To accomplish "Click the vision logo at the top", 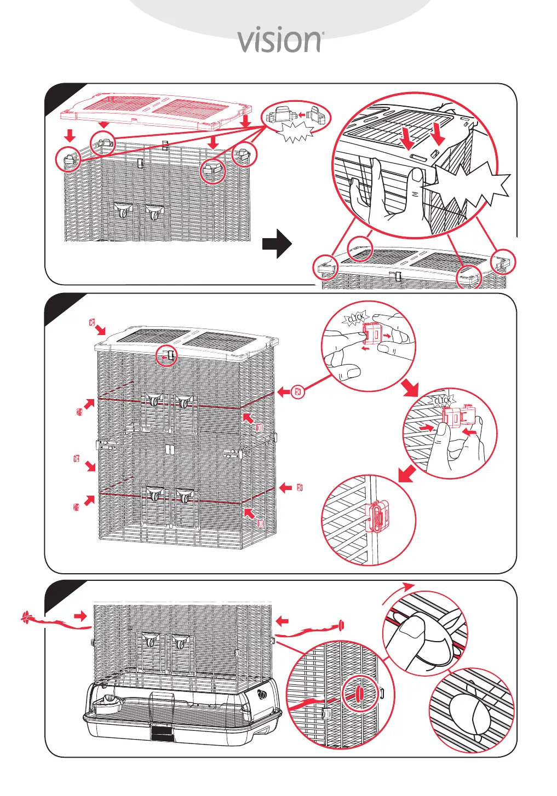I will tap(279, 41).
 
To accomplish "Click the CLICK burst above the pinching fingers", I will tap(356, 318).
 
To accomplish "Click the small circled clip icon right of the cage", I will tap(298, 392).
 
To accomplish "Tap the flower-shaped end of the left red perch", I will tap(25, 619).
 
